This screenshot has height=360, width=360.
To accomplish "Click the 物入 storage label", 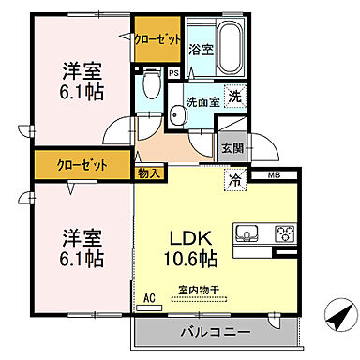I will (x=150, y=172).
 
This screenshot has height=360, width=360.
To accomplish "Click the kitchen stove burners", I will (x=284, y=233).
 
